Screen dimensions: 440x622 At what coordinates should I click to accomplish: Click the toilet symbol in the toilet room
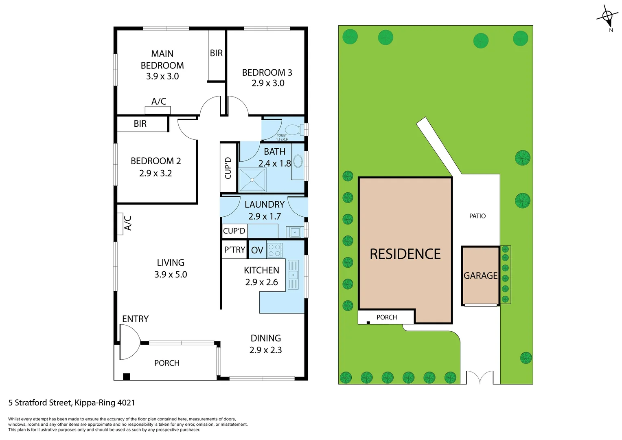pos(294,130)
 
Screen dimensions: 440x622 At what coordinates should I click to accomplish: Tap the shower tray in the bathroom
pos(252,180)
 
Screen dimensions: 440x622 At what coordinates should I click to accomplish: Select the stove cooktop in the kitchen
pos(275,250)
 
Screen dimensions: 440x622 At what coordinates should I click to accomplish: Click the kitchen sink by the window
pos(293,275)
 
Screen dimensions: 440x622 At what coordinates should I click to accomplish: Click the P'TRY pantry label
pos(235,250)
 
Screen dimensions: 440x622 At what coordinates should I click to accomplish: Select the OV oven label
pos(257,250)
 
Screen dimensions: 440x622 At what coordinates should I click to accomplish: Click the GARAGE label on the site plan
pos(480,276)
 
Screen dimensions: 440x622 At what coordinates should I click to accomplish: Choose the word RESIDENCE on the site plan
pos(405,254)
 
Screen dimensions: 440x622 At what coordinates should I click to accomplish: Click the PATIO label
pos(477,216)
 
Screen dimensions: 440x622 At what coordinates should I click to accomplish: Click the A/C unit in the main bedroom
pos(158,110)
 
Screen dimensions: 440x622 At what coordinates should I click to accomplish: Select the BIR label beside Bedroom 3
pos(216,53)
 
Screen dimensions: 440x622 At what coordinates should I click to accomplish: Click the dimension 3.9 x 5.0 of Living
pos(171,275)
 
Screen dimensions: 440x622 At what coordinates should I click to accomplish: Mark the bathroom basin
pos(298,162)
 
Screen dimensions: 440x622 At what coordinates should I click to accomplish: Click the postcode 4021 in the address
pos(126,403)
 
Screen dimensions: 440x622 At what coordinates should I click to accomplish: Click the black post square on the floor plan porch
pos(127,376)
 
